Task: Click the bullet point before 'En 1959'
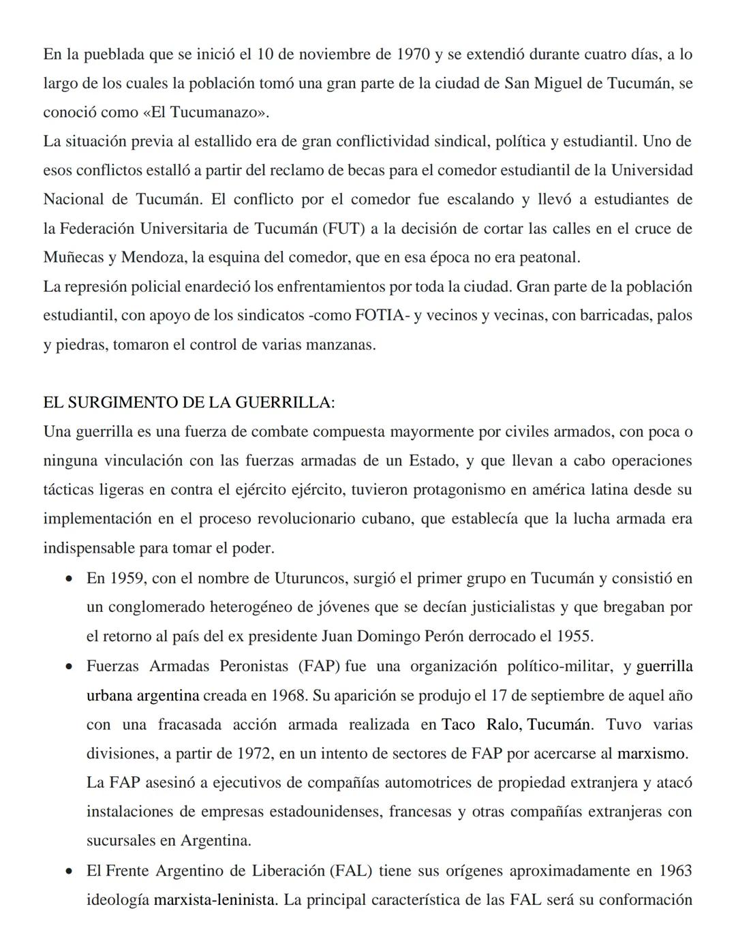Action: tap(69, 579)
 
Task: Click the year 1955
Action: tap(573, 636)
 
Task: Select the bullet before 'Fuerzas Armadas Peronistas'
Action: tap(69, 667)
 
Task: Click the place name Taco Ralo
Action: tap(480, 724)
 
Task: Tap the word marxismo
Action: tap(651, 754)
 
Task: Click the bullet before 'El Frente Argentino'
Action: tap(69, 872)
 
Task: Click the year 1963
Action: tap(675, 871)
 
